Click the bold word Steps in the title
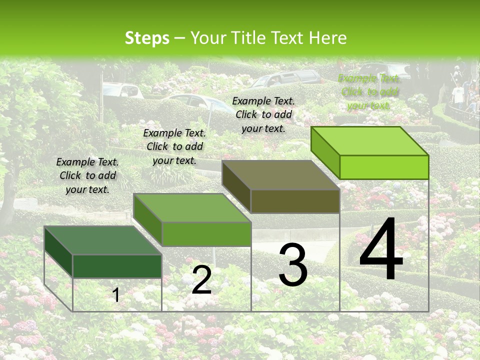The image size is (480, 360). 147,38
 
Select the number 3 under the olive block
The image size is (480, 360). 293,265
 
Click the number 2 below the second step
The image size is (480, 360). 201,280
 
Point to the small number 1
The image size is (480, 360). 116,295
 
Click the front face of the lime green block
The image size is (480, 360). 384,167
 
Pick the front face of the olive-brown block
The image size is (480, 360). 295,201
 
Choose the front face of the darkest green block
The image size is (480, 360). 117,266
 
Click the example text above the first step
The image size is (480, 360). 87,176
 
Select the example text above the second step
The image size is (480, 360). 174,146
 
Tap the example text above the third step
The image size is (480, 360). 263,114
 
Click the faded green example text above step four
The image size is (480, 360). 369,91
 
